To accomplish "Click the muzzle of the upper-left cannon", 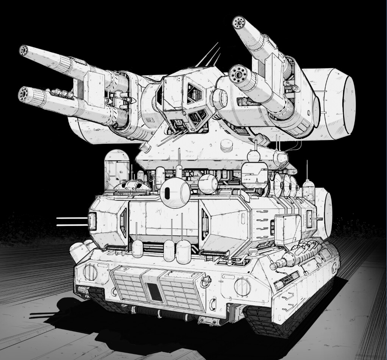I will tap(24, 50).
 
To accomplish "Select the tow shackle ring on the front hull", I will tap(206, 281).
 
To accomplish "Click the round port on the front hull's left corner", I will tap(90, 272).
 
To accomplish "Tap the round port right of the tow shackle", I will tap(241, 286).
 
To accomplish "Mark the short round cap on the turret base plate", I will tap(226, 145).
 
